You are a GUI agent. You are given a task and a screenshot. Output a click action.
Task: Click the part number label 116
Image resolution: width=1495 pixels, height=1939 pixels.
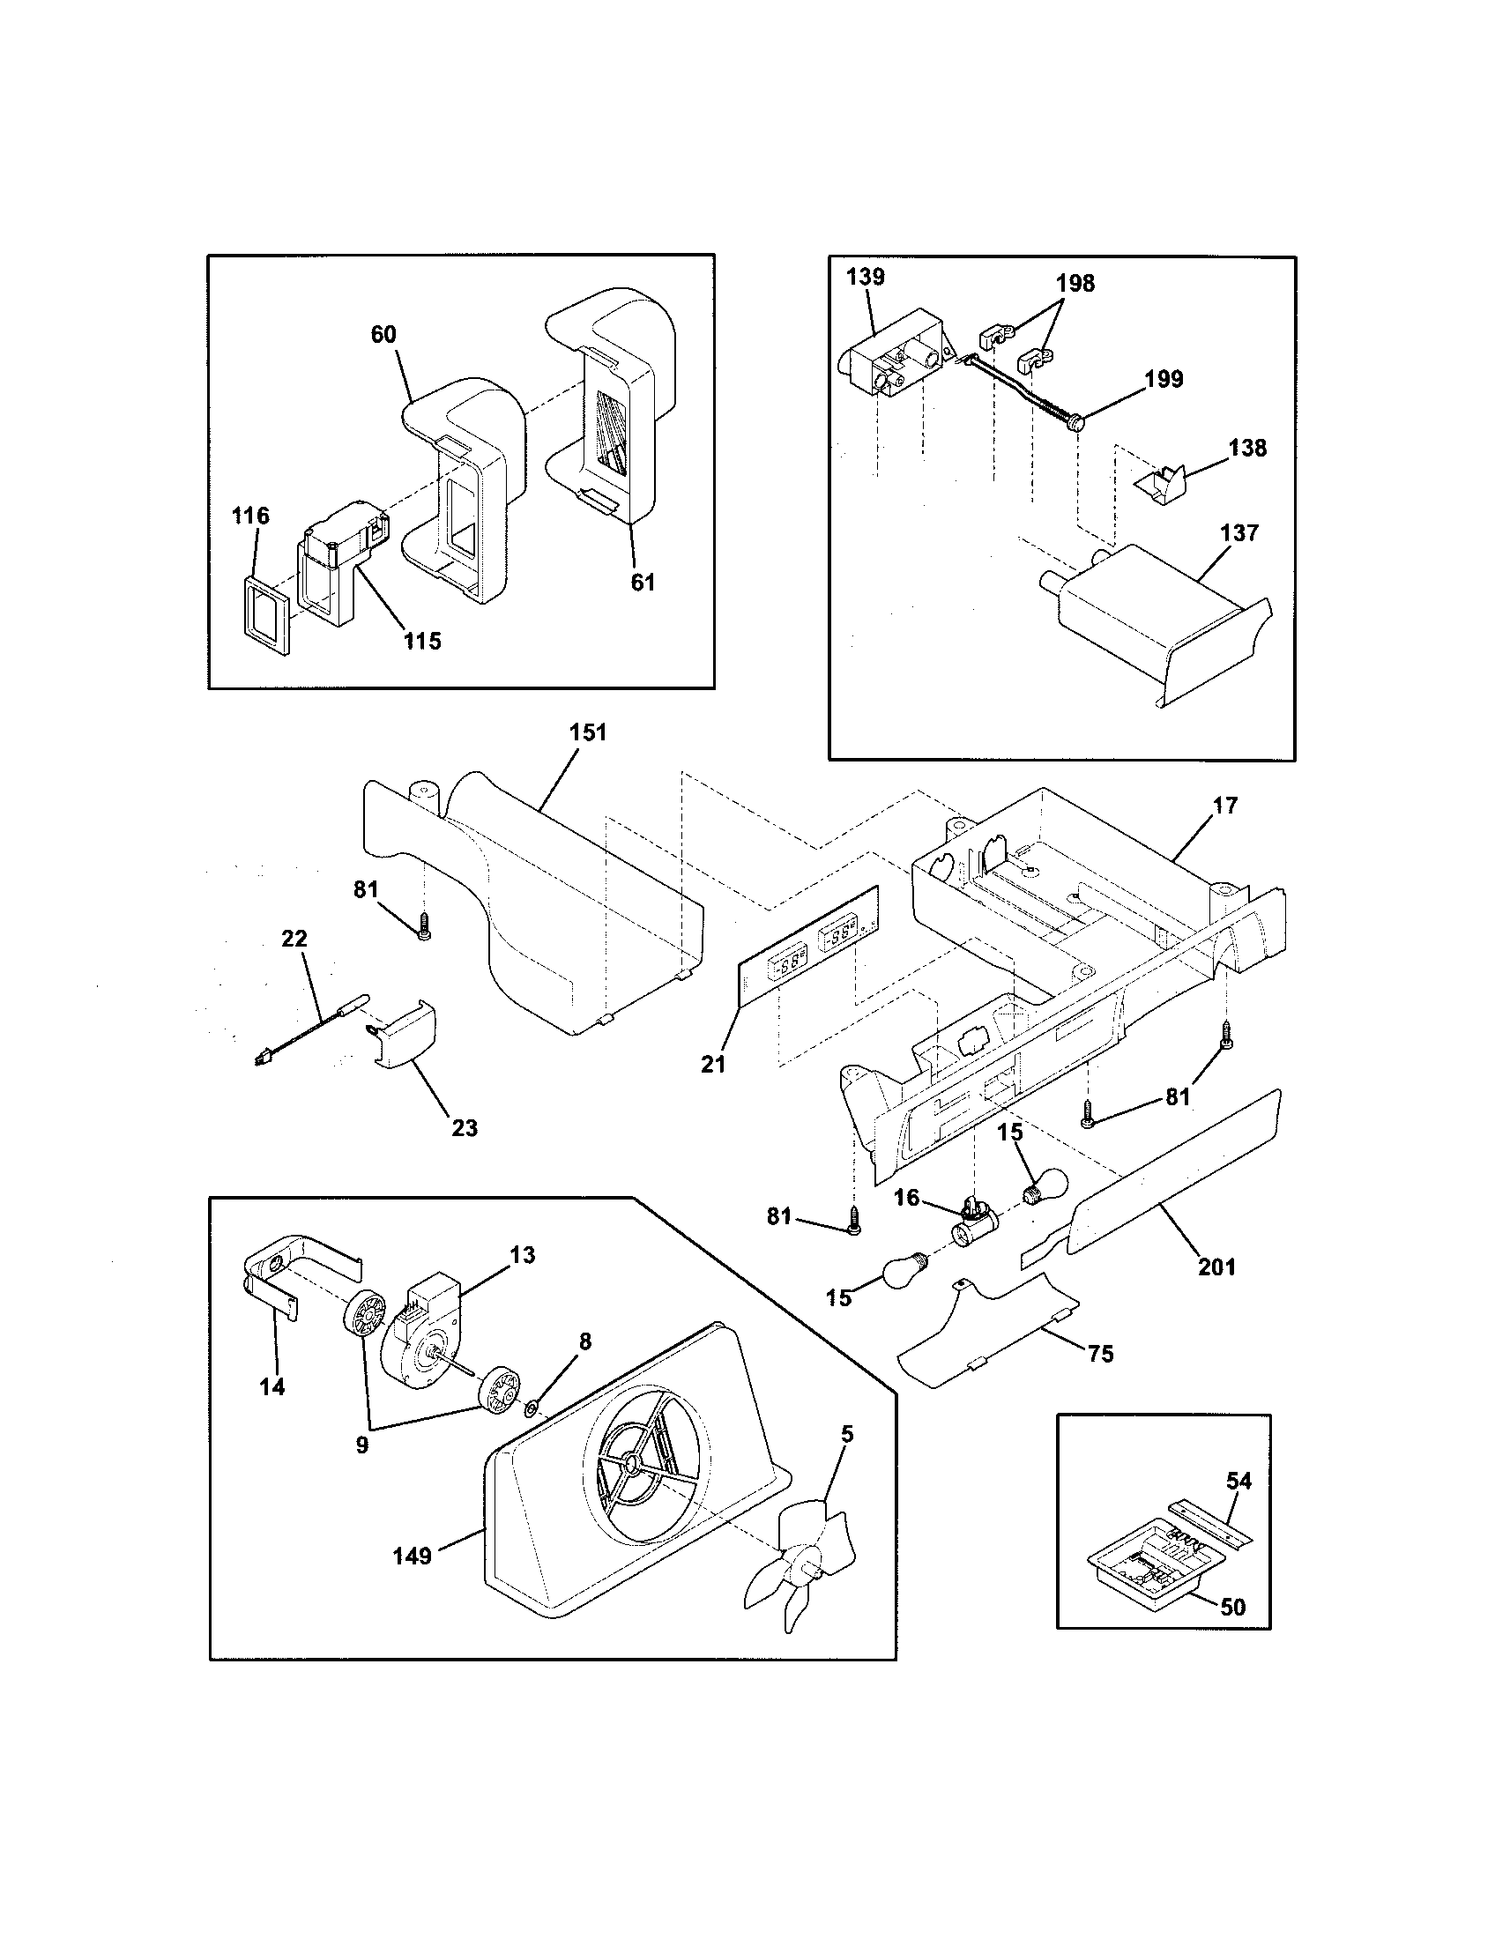tap(250, 516)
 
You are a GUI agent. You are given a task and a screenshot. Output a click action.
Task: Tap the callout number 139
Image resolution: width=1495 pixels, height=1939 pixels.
tap(865, 276)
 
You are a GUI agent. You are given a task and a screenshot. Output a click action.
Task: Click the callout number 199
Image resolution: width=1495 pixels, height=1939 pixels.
tap(1164, 379)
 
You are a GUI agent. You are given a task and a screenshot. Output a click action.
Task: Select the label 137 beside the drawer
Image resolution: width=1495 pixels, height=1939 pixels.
tap(1239, 532)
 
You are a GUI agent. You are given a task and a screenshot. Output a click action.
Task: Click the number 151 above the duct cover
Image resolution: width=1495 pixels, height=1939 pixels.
tap(588, 732)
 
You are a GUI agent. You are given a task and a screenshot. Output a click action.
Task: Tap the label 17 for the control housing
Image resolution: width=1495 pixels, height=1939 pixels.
tap(1224, 806)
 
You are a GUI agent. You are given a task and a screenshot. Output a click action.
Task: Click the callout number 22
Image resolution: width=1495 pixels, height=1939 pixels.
tap(294, 939)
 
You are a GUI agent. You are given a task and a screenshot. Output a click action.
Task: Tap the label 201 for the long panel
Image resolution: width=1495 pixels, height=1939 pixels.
tap(1216, 1267)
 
